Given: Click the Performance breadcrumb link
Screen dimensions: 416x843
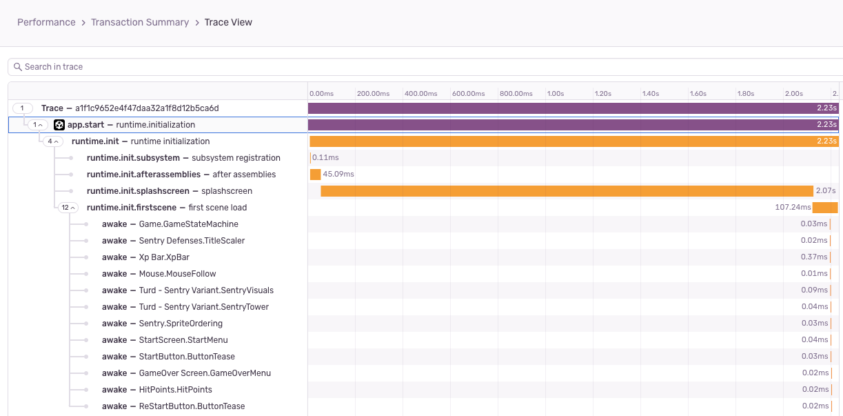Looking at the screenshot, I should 46,22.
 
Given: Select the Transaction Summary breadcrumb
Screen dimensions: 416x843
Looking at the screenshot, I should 140,22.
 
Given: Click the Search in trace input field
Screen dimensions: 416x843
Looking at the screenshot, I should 414,67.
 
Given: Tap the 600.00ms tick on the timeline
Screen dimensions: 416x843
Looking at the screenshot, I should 469,93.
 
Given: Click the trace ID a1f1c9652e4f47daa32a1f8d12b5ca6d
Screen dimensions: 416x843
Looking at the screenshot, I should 147,108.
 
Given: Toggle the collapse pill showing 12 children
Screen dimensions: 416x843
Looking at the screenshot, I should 69,208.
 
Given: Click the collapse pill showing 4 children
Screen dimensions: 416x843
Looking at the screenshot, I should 53,141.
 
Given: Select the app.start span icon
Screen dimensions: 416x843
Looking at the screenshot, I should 59,125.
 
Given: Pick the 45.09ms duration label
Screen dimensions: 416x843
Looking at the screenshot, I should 338,175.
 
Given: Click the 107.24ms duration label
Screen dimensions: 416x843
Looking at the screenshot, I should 791,208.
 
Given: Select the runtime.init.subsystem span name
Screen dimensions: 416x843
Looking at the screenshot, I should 133,158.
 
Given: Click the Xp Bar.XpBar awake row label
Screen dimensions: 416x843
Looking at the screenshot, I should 164,257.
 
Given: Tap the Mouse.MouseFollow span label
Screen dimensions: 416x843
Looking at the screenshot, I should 177,274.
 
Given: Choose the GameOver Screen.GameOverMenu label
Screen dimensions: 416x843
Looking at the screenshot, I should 205,373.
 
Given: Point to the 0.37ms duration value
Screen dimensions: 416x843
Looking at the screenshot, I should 814,257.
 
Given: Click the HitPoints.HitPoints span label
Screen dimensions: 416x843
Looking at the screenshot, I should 176,390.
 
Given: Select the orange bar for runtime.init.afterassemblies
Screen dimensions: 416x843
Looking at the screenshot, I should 316,175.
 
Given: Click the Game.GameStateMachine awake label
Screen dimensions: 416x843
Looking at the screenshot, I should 188,224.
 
